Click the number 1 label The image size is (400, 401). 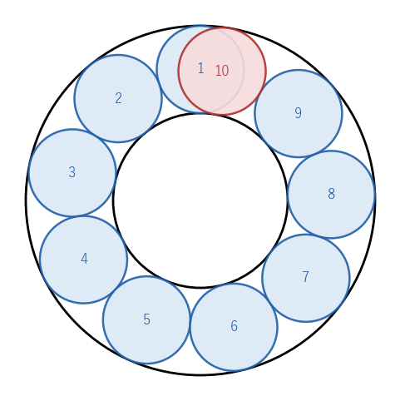(x=201, y=68)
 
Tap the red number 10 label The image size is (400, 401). (x=222, y=71)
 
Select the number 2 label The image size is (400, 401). (x=118, y=98)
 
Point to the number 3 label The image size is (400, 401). (x=72, y=172)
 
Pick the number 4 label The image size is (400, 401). (x=84, y=259)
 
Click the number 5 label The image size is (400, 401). (x=146, y=319)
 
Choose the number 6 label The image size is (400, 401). (x=234, y=326)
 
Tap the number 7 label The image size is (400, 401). (x=305, y=277)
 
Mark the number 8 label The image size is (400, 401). (x=331, y=194)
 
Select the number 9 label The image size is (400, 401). (x=298, y=113)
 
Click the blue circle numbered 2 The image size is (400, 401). (x=118, y=98)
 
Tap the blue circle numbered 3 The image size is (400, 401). (x=72, y=172)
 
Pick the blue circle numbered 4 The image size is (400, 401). (x=84, y=260)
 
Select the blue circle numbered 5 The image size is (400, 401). (x=146, y=319)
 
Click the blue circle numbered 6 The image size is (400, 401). (x=234, y=327)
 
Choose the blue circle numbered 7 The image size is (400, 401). (x=306, y=278)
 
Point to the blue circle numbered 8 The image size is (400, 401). (x=331, y=194)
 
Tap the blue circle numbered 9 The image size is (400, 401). (x=299, y=113)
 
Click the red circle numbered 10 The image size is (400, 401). (x=222, y=71)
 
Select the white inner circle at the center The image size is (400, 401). (x=200, y=200)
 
